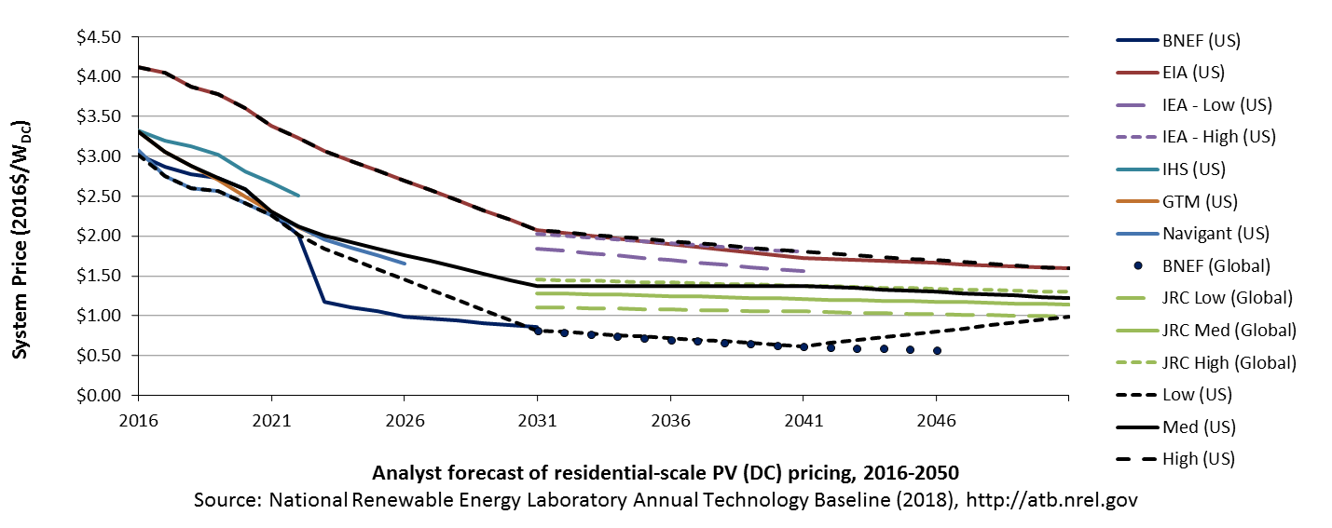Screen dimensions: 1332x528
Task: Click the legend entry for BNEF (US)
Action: (x=1178, y=40)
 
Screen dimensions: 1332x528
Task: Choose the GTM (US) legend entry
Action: (x=1176, y=201)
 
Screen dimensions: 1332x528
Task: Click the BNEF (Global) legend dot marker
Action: (x=1138, y=266)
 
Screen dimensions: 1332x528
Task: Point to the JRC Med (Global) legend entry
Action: (x=1206, y=331)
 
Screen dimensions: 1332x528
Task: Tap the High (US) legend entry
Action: (x=1175, y=459)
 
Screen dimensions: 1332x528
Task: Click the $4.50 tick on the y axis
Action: (x=99, y=37)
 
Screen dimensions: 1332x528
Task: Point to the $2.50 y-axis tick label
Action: (x=99, y=196)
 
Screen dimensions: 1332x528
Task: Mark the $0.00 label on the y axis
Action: (x=99, y=395)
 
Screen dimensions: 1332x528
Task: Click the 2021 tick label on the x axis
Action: (x=271, y=421)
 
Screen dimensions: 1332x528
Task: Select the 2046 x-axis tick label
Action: (x=937, y=421)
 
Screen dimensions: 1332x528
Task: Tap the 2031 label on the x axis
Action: (x=538, y=421)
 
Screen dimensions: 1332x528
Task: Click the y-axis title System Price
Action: (x=21, y=240)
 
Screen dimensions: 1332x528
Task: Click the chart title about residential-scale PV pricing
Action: (x=666, y=473)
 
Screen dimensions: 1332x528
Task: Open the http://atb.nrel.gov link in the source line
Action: (x=1051, y=499)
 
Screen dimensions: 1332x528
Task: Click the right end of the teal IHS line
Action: (x=298, y=196)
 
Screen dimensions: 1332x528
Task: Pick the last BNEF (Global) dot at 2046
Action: (x=937, y=351)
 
